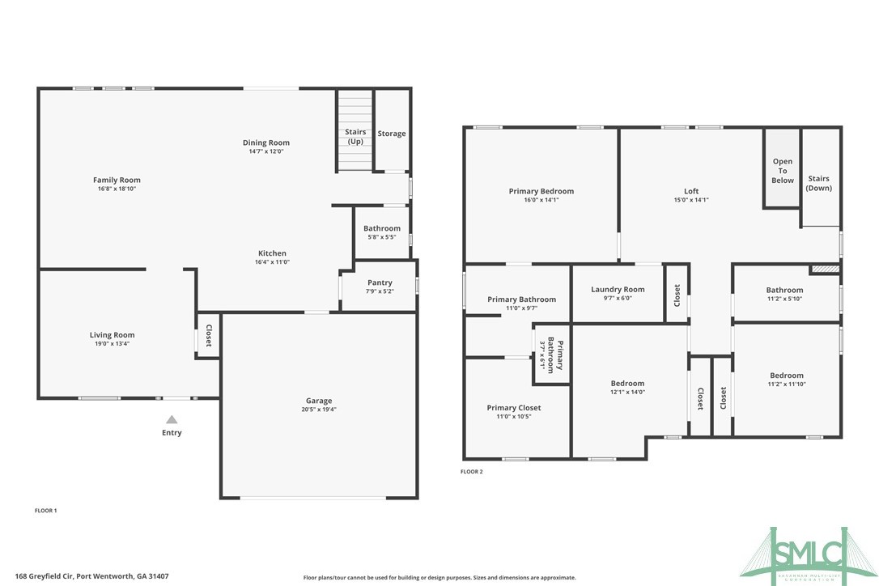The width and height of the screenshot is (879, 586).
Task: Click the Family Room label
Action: [x=117, y=180]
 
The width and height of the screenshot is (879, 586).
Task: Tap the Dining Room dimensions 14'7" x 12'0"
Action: [x=266, y=151]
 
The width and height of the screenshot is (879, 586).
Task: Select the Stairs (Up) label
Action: [x=355, y=136]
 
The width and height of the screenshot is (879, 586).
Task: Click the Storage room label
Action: [x=392, y=134]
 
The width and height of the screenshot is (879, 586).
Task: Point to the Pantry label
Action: [x=380, y=282]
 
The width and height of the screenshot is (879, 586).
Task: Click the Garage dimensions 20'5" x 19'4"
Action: [x=319, y=410]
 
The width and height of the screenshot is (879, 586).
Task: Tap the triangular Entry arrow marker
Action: [x=172, y=419]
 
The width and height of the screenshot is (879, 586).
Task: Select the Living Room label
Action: [x=112, y=334]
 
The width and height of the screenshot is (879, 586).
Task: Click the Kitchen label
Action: [x=272, y=253]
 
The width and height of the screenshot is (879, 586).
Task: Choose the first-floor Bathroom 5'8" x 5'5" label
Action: [x=381, y=228]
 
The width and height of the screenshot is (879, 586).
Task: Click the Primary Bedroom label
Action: [x=541, y=191]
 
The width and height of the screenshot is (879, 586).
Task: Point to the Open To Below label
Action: [x=783, y=171]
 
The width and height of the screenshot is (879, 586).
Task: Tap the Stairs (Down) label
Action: [x=818, y=183]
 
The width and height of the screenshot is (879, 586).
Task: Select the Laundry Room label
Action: [x=618, y=289]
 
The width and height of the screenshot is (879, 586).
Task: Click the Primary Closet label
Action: [x=514, y=408]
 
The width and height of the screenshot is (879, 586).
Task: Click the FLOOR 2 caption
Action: [x=472, y=471]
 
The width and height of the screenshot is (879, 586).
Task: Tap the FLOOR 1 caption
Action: [x=46, y=511]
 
